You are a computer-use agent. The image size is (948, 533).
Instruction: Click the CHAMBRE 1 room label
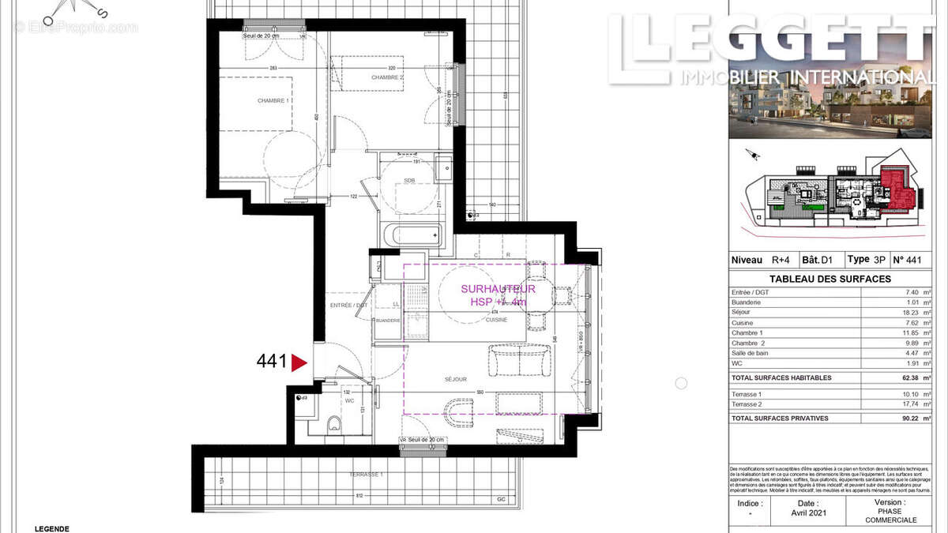coord(273,101)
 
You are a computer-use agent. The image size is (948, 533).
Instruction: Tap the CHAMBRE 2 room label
coord(387,77)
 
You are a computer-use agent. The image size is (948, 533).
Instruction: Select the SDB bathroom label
coord(409,181)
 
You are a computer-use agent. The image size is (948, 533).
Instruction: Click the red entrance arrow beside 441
coord(299,362)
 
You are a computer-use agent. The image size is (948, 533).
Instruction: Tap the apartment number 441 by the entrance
coord(271,362)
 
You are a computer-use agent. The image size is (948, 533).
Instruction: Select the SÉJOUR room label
coord(455,379)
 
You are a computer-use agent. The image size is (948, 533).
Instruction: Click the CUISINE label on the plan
coord(496,320)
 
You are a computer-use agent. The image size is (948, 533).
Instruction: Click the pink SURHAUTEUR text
coord(498,289)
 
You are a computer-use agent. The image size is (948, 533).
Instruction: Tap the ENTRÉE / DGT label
coord(348,305)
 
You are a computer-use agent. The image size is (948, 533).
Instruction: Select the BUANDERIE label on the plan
coord(388,321)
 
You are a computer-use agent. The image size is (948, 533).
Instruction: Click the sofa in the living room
coord(517,362)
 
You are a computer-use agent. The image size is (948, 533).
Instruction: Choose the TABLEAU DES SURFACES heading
coord(829,279)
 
